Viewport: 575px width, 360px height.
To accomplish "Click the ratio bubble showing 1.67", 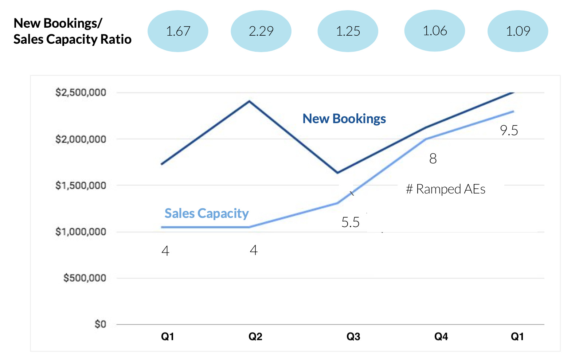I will point(178,31).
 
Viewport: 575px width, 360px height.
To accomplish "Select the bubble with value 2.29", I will point(261,31).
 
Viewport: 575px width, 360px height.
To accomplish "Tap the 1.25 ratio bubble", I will point(348,31).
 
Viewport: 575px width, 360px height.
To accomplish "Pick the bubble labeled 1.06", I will point(434,31).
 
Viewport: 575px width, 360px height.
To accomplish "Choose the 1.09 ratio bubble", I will point(517,31).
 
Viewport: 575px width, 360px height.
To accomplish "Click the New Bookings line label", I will point(344,119).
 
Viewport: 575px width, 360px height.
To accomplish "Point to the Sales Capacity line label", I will point(207,213).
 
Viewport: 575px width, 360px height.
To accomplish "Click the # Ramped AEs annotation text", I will point(445,189).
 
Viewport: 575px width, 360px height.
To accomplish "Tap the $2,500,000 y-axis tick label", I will point(81,93).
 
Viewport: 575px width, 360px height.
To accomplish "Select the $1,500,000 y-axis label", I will point(81,185).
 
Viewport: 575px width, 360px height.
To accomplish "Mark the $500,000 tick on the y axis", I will point(85,278).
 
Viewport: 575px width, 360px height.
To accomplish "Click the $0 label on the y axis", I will point(100,324).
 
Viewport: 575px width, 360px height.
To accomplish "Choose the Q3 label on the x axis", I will point(353,336).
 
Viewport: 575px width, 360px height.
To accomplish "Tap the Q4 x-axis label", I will point(441,336).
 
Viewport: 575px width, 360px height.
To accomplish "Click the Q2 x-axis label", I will point(255,336).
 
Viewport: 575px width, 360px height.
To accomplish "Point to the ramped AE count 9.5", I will point(509,130).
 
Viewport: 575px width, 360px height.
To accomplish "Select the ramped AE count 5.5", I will point(350,222).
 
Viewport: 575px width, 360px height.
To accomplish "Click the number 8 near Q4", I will point(433,159).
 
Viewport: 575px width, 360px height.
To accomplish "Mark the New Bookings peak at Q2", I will point(249,101).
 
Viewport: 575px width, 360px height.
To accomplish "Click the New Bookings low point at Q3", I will point(337,173).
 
